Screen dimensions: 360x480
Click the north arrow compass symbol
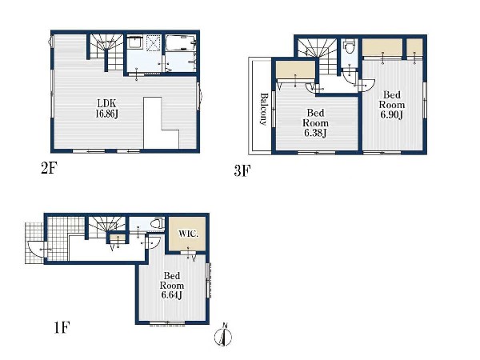(x=225, y=335)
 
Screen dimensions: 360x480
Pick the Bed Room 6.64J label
(x=172, y=286)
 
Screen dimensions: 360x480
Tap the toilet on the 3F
(x=349, y=47)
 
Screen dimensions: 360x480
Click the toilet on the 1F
(x=157, y=225)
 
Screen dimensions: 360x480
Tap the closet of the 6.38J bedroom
(x=294, y=71)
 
